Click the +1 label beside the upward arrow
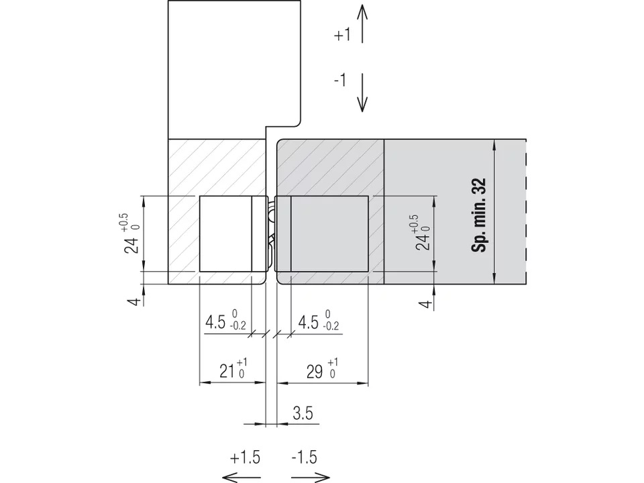pos(342,36)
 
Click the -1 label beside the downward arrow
pos(340,80)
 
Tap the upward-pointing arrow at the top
pos(362,23)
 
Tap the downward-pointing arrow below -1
pos(362,93)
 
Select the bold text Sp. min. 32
pos(478,215)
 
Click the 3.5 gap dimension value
pos(303,413)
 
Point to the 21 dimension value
pos(227,371)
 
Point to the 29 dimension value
pos(315,372)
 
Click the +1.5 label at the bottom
pos(245,458)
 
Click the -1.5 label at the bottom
pos(305,457)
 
